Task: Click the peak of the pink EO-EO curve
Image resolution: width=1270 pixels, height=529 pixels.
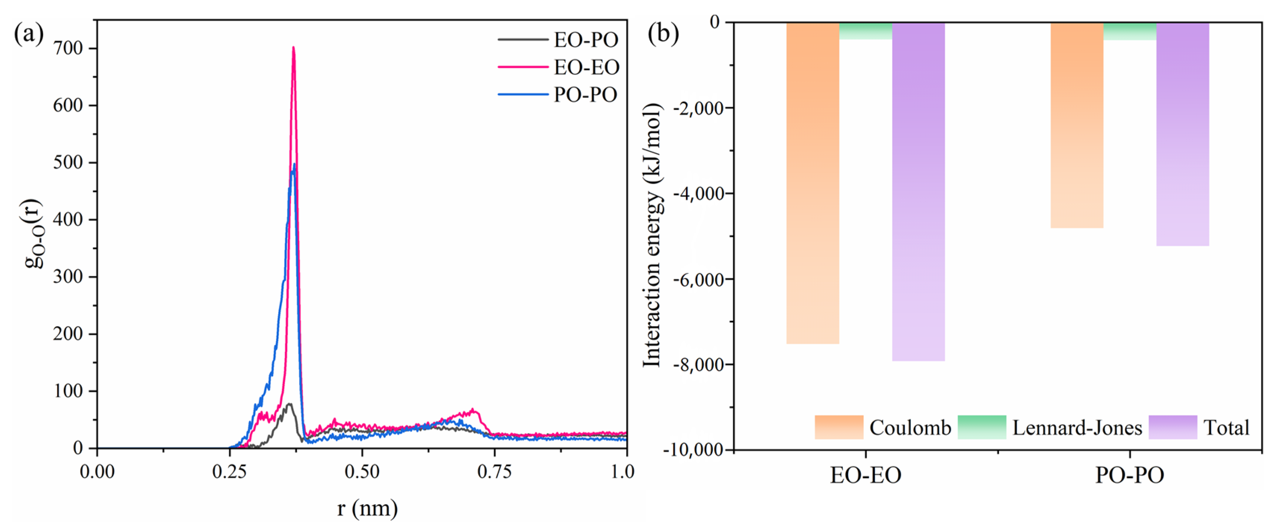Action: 294,48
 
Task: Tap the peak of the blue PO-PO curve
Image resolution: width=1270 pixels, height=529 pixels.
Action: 294,165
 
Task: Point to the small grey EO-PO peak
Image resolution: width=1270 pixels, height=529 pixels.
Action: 289,404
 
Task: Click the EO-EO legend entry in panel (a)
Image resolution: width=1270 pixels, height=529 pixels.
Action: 586,67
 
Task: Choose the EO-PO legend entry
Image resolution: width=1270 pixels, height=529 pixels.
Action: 585,40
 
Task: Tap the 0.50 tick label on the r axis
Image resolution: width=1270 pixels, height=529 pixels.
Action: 361,472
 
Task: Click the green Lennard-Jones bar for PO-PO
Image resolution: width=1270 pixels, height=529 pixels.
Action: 1130,31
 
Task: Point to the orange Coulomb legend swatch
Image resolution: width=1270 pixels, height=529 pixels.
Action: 839,427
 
